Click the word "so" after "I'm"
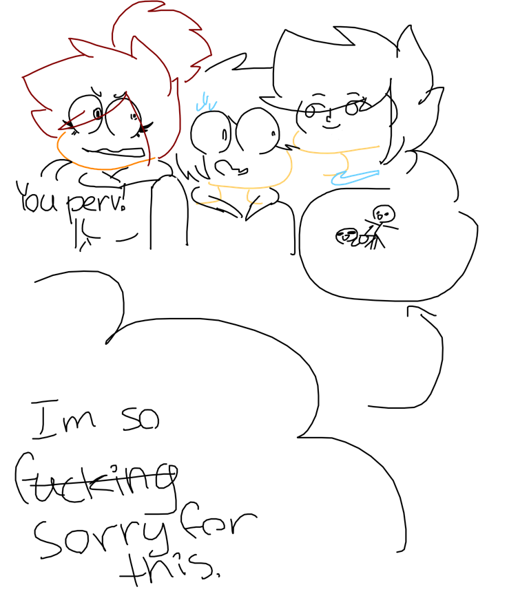pos(141,420)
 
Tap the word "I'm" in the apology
pos(63,419)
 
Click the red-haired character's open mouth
pos(114,153)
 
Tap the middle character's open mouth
pos(230,168)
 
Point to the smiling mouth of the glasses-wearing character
pos(330,126)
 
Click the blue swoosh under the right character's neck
pos(355,177)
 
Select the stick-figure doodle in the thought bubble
pos(367,228)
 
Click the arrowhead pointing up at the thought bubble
pos(420,310)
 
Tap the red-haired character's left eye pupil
pos(98,114)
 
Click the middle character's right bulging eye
pos(258,131)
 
